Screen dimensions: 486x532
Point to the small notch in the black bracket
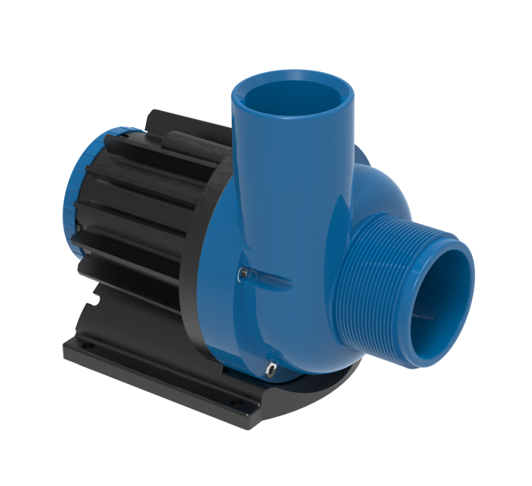pos(96,305)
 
